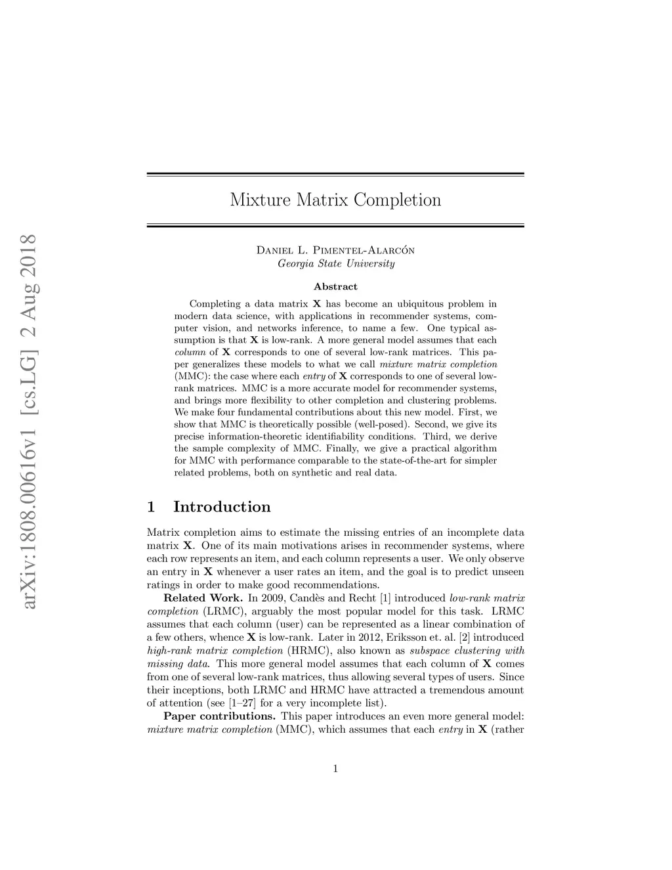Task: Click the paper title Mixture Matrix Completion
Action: [335, 200]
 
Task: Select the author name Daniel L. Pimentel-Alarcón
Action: [335, 250]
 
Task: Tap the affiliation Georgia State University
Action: [335, 264]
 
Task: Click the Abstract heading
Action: [335, 287]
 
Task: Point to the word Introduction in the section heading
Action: [222, 507]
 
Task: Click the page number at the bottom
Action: [335, 769]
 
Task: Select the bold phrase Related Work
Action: [203, 598]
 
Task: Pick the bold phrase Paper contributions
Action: [219, 716]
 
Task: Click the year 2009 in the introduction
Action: [270, 598]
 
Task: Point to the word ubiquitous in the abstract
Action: [422, 304]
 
